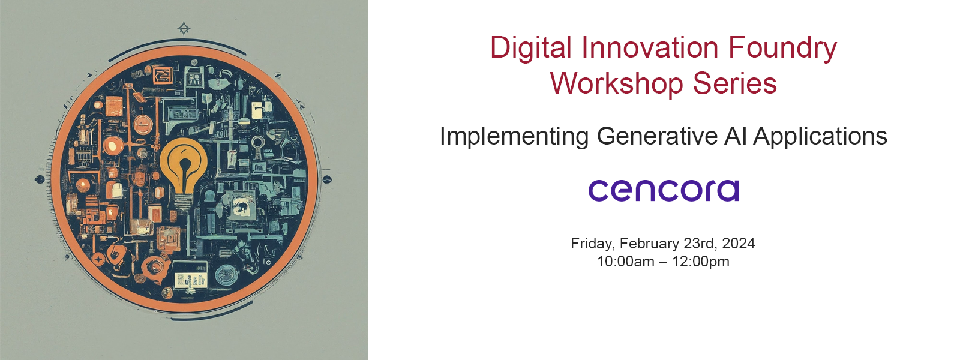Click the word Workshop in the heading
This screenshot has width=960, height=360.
(617, 83)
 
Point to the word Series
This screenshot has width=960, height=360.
(735, 83)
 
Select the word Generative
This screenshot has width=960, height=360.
(657, 136)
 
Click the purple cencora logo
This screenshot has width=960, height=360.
(664, 191)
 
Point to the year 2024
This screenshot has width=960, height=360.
(738, 244)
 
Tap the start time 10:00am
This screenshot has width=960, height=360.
(626, 262)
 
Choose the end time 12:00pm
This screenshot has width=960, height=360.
(700, 262)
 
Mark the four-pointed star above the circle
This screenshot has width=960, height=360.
(184, 29)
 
